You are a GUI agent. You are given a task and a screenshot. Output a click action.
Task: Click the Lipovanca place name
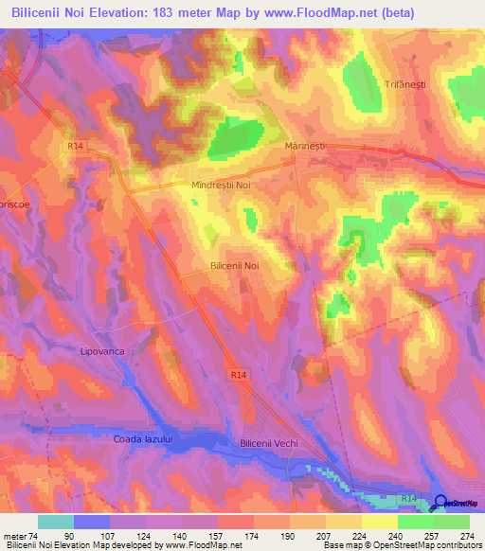pos(102,350)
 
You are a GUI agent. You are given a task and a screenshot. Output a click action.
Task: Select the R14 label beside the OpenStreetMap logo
pos(407,496)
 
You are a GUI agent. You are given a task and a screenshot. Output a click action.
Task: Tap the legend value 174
pos(254,534)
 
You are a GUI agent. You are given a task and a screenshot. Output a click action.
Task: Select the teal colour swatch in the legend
pos(55,522)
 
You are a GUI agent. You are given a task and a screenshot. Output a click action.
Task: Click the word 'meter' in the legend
pos(14,534)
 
